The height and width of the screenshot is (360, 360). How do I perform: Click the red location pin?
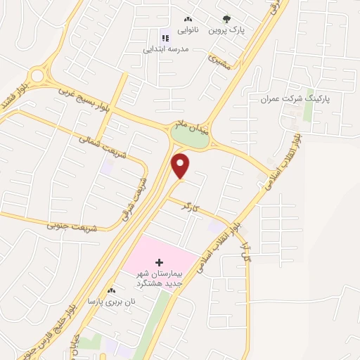(181, 165)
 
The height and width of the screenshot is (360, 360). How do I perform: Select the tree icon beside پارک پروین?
(226, 20)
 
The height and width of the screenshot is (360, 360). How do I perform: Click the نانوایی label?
(187, 32)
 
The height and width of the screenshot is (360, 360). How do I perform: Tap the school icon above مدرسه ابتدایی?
(165, 38)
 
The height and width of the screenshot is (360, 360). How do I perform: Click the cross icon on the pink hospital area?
(159, 262)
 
